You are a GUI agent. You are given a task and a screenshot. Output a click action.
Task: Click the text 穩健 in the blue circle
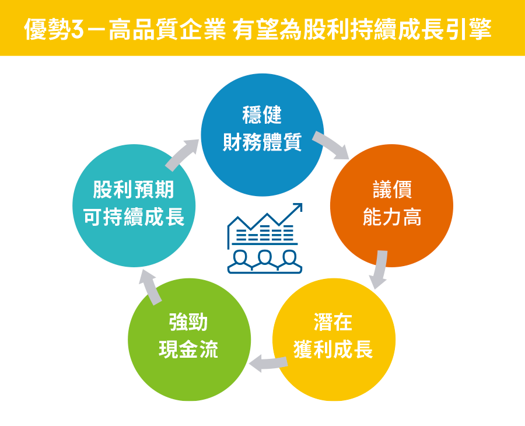pyautogui.click(x=262, y=115)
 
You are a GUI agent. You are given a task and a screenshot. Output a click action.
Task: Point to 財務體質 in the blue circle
pyautogui.click(x=262, y=142)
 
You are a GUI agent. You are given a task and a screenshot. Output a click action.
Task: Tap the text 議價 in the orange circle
pyautogui.click(x=392, y=189)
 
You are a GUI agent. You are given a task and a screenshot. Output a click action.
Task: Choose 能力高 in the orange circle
pyautogui.click(x=392, y=217)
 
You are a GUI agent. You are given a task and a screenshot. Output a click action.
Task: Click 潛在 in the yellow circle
pyautogui.click(x=333, y=322)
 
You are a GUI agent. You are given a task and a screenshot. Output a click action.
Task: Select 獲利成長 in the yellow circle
pyautogui.click(x=333, y=349)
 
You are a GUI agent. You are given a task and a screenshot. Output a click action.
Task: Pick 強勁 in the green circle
pyautogui.click(x=188, y=322)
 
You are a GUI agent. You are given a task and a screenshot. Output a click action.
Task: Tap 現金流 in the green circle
pyautogui.click(x=188, y=349)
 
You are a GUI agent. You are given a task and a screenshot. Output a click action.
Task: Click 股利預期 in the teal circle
pyautogui.click(x=134, y=189)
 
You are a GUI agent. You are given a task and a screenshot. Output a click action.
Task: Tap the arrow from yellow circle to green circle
pyautogui.click(x=268, y=364)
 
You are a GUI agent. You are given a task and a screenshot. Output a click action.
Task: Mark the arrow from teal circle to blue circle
pyautogui.click(x=182, y=155)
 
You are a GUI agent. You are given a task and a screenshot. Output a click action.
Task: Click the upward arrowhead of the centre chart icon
pyautogui.click(x=297, y=207)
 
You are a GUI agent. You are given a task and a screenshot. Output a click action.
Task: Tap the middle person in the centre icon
pyautogui.click(x=265, y=260)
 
